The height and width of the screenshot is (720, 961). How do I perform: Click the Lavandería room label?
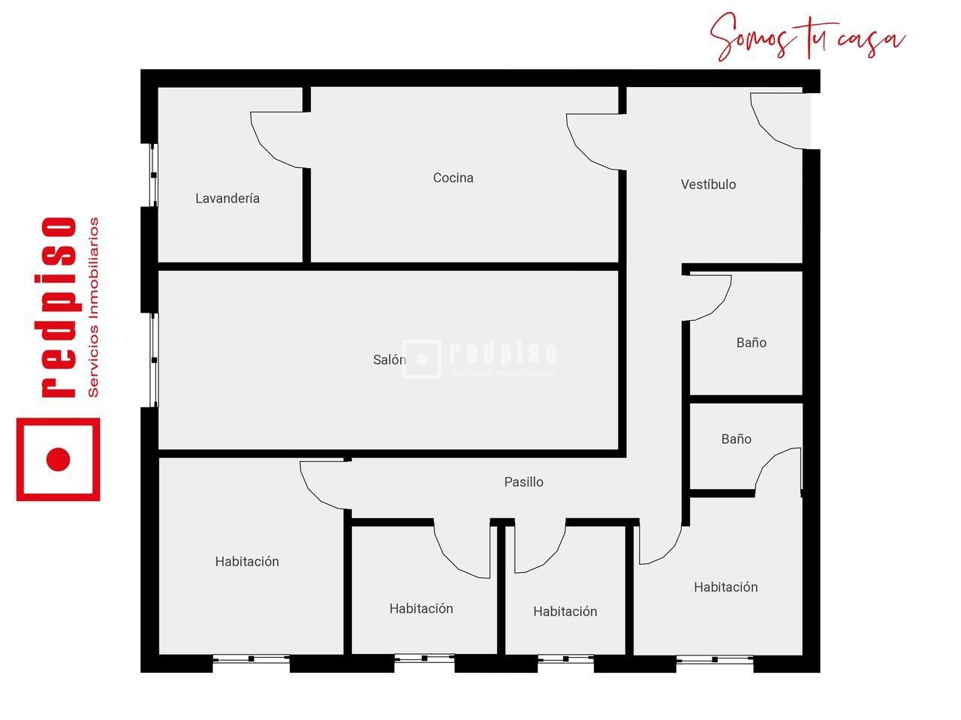(x=227, y=199)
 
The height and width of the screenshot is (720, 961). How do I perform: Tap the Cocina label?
(x=453, y=178)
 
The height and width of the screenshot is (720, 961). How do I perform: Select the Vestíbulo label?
(x=708, y=184)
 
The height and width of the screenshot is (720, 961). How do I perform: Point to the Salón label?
(x=389, y=360)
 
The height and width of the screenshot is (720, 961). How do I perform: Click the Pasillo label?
(x=523, y=482)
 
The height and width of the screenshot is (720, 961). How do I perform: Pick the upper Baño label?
(x=751, y=343)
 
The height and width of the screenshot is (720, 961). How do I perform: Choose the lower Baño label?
(x=736, y=439)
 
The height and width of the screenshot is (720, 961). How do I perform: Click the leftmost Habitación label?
(x=247, y=562)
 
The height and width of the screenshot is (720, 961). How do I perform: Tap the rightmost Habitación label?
(x=725, y=587)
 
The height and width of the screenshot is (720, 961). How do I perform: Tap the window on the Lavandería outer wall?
(x=153, y=175)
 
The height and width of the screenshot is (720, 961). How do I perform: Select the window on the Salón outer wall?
(x=153, y=360)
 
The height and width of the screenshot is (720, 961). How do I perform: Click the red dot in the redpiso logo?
(x=58, y=459)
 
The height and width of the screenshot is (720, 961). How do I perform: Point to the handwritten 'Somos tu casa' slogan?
(x=807, y=37)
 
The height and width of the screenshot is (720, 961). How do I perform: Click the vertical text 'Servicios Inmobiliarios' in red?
(x=94, y=307)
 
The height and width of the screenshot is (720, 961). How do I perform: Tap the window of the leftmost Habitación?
(x=252, y=659)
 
